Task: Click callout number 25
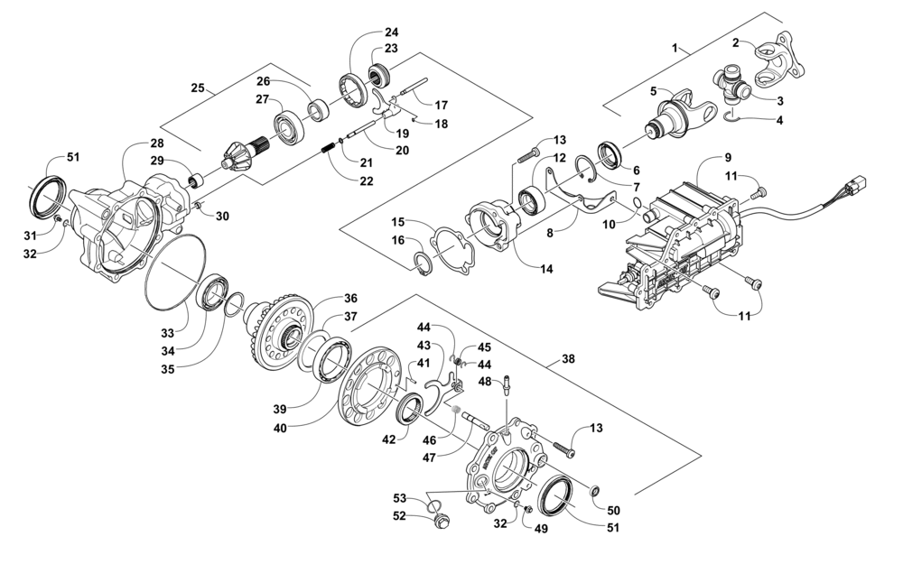click(198, 88)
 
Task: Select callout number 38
click(568, 359)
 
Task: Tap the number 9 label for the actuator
click(728, 156)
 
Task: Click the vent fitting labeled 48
click(506, 384)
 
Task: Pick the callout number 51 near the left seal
click(72, 157)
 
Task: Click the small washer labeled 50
click(595, 490)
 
